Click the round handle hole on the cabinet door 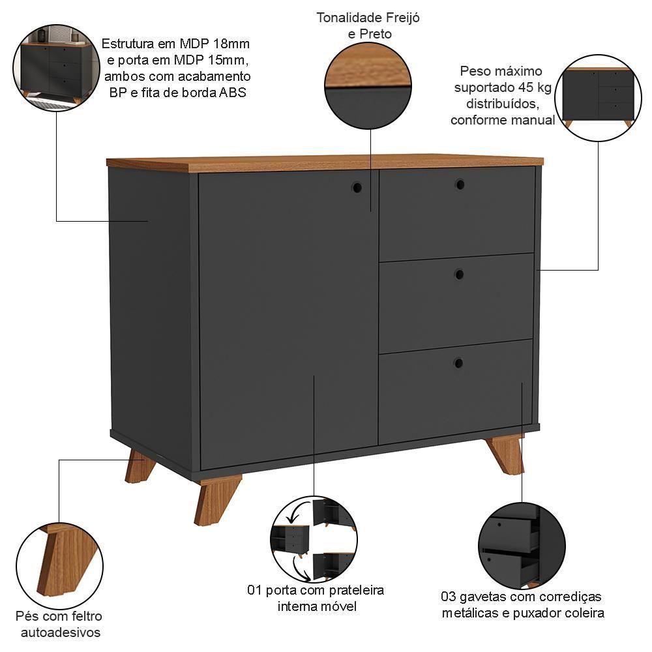[357, 187]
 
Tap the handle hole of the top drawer [460, 185]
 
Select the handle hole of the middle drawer [459, 274]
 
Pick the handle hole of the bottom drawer [458, 363]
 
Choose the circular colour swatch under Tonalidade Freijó [368, 85]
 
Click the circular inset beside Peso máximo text [598, 98]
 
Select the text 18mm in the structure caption [233, 44]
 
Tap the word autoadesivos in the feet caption [61, 632]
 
